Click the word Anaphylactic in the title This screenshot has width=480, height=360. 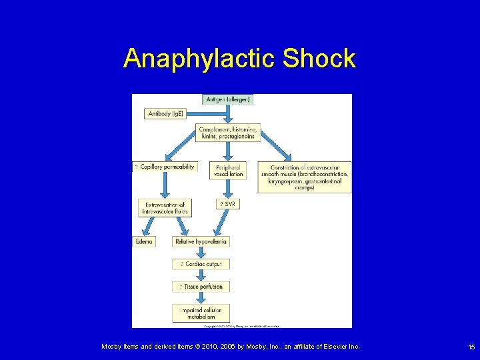[x=199, y=59]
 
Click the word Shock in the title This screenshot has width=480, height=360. [x=319, y=59]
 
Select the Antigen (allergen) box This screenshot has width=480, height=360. [x=228, y=99]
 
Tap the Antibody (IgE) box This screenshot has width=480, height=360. [x=163, y=113]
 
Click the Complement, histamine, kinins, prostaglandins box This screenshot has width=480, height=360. [x=228, y=132]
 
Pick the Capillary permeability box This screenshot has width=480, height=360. [x=165, y=167]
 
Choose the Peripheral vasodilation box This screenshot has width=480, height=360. [x=228, y=170]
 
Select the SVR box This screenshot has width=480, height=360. [x=227, y=203]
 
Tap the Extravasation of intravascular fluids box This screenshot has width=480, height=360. [x=165, y=207]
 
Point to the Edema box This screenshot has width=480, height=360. [x=144, y=241]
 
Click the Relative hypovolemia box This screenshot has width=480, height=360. [x=201, y=241]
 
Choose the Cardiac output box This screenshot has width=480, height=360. [x=201, y=264]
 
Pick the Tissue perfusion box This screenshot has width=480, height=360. [x=201, y=287]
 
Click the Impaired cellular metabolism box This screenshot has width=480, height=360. [x=201, y=313]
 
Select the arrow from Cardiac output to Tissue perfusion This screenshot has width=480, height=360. [x=201, y=275]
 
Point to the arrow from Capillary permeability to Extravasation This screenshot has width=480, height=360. [x=165, y=185]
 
